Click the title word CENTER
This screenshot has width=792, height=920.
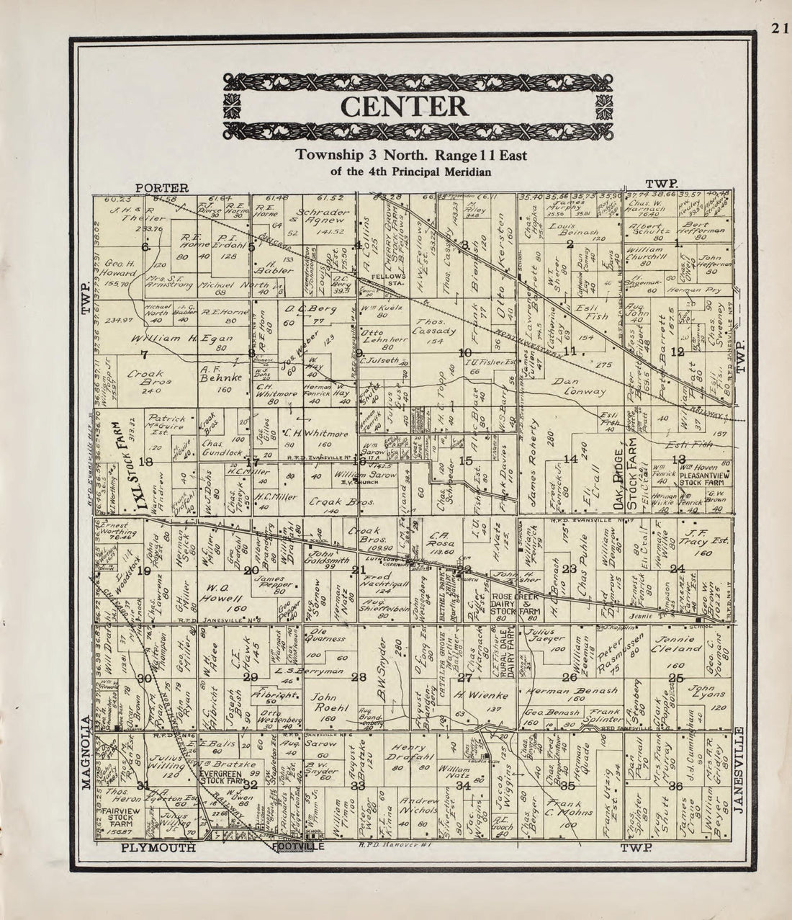coord(404,106)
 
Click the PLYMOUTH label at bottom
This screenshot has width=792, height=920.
coord(158,848)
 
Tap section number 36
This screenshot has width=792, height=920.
coord(675,786)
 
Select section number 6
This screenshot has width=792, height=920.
coord(146,247)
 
